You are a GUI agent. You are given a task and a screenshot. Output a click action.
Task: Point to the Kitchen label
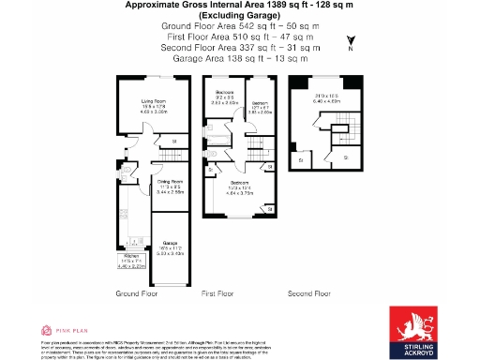[x=130, y=258]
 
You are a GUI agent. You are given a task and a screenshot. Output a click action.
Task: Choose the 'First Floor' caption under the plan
[x=217, y=293]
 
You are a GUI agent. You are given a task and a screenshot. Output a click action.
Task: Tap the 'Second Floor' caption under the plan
[x=309, y=293]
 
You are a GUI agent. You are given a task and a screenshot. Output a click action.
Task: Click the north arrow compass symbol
[x=350, y=43]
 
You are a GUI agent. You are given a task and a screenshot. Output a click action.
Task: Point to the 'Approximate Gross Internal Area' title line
[x=240, y=6]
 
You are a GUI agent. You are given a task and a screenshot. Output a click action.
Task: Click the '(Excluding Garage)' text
[x=240, y=17]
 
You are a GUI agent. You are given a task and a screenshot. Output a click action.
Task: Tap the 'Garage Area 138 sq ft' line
[x=240, y=58]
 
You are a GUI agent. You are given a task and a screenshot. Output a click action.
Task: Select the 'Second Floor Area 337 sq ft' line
[x=240, y=48]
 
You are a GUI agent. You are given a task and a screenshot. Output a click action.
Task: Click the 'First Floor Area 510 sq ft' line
[x=240, y=37]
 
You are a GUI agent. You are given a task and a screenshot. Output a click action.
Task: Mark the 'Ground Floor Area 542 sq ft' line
[x=240, y=27]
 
